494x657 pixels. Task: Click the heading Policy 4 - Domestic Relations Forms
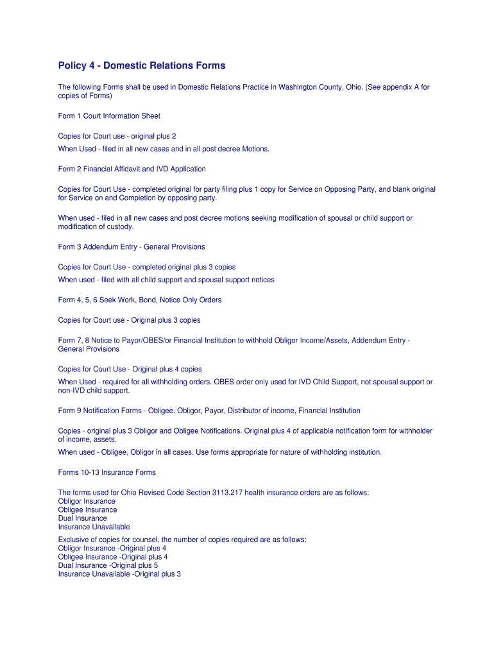(x=142, y=65)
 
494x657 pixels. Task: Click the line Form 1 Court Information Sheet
(x=109, y=116)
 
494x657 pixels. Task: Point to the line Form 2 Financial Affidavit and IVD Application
(x=132, y=169)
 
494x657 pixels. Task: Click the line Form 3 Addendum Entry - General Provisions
(x=132, y=247)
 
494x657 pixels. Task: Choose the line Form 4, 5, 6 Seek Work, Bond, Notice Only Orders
(x=140, y=300)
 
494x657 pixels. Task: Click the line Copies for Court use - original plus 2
(x=117, y=136)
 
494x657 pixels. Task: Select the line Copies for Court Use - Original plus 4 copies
(x=130, y=370)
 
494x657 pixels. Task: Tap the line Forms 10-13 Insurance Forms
(x=106, y=473)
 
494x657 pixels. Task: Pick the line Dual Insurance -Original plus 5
(x=108, y=566)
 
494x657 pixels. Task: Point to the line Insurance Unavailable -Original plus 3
(x=119, y=574)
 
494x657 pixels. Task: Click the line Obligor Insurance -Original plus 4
(x=112, y=549)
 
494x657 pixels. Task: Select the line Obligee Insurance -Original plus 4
(x=113, y=557)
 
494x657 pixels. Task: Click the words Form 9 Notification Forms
(x=100, y=411)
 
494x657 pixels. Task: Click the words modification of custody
(x=96, y=226)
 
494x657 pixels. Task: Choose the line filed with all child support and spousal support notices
(x=187, y=280)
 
